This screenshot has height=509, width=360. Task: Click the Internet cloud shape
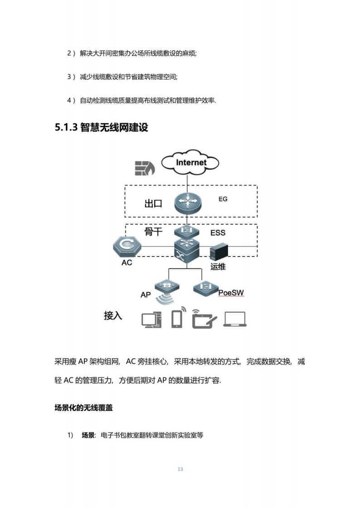point(190,163)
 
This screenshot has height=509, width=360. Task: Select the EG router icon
point(187,204)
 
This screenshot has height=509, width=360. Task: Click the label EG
point(223,199)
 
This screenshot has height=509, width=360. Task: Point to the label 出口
point(153,204)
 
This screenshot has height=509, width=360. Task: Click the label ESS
point(218,233)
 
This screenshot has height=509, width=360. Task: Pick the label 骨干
point(153,233)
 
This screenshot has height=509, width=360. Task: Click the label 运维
point(218,267)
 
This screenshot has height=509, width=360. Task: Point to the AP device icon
point(166,286)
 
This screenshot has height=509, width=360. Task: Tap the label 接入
point(113,315)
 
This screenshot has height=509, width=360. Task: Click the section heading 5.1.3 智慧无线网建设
point(102,127)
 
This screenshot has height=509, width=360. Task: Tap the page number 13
point(180,469)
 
